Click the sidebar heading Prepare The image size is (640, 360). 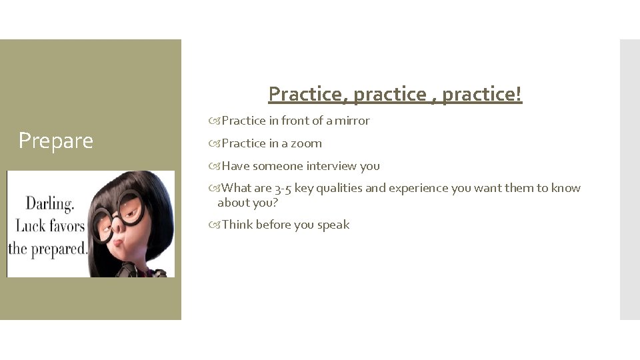(x=56, y=141)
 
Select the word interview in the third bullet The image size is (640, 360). (x=331, y=166)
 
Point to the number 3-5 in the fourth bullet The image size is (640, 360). (x=283, y=188)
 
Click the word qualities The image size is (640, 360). (x=340, y=188)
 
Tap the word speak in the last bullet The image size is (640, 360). (x=333, y=225)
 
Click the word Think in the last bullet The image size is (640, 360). (x=237, y=225)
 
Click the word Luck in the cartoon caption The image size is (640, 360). (x=30, y=227)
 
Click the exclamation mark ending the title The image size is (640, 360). (x=519, y=94)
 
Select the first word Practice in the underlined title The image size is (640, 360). (x=307, y=94)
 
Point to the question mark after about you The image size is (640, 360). (x=275, y=203)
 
